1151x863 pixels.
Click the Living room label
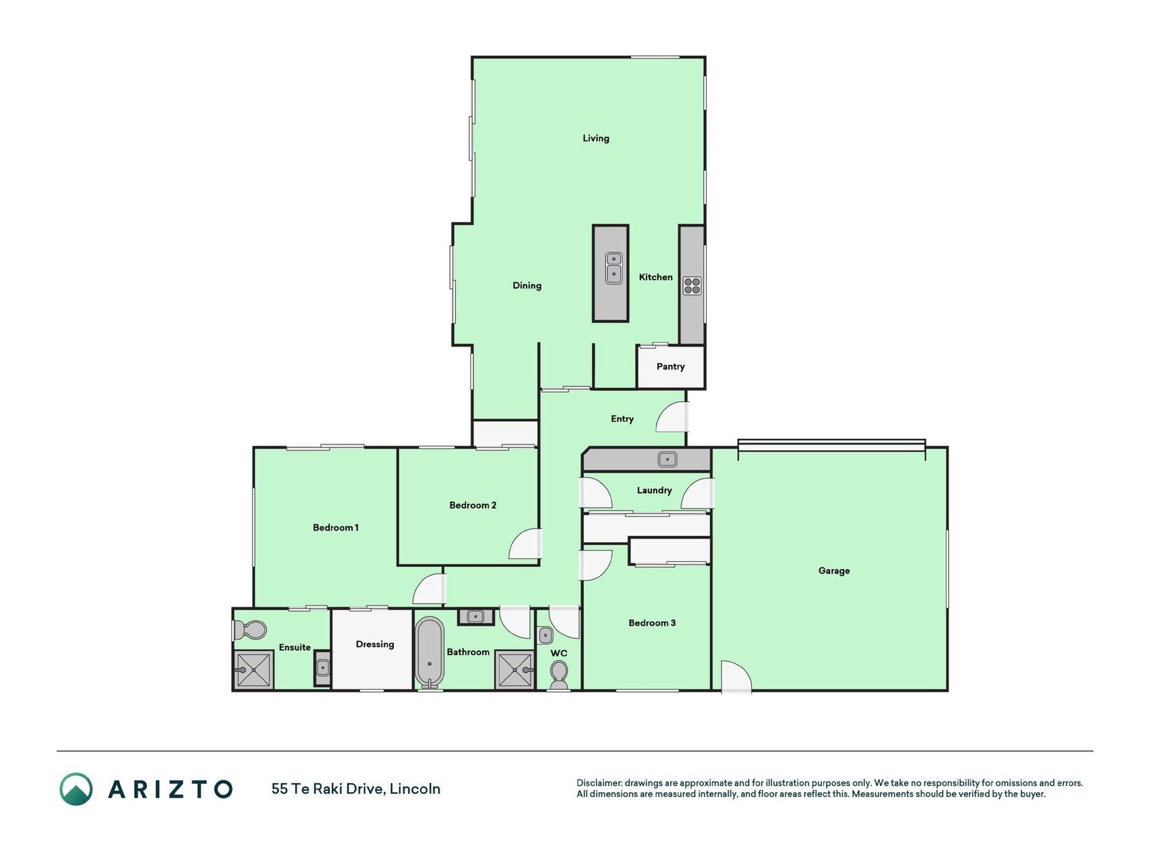click(x=595, y=138)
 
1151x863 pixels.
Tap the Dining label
click(x=527, y=286)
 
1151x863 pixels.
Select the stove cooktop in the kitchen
click(x=692, y=286)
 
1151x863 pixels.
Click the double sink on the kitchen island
click(x=614, y=268)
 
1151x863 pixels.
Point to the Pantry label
click(x=670, y=367)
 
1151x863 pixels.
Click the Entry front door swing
click(x=672, y=417)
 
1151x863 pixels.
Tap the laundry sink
click(x=667, y=459)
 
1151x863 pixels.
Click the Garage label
click(x=833, y=570)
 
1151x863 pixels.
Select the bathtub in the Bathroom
click(x=429, y=652)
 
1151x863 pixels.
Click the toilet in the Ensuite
click(x=249, y=630)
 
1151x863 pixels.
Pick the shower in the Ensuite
click(x=254, y=670)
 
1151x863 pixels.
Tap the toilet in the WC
click(x=559, y=675)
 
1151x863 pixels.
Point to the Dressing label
click(x=375, y=645)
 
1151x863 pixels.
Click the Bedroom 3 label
click(x=651, y=623)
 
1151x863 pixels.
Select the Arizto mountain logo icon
click(x=76, y=789)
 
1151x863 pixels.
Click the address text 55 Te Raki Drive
click(x=328, y=789)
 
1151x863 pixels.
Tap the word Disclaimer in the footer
click(x=599, y=783)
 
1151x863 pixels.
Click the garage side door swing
click(x=736, y=676)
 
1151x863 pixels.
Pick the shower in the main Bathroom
click(x=514, y=669)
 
